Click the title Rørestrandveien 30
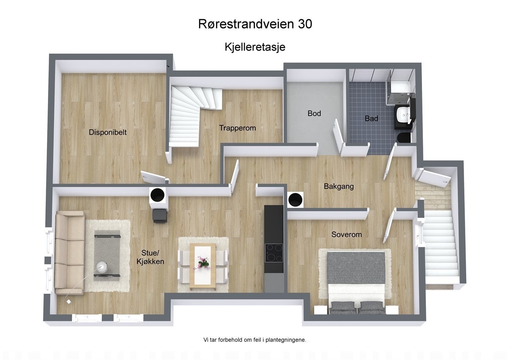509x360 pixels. pyautogui.click(x=255, y=24)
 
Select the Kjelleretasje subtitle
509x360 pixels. pyautogui.click(x=255, y=47)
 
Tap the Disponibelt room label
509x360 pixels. pyautogui.click(x=108, y=132)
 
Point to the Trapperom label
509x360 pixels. pyautogui.click(x=237, y=128)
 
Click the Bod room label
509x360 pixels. pyautogui.click(x=314, y=113)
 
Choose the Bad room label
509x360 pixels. pyautogui.click(x=371, y=118)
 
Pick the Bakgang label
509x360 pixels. pyautogui.click(x=338, y=186)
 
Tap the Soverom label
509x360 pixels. pyautogui.click(x=347, y=234)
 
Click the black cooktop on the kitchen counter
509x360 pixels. pyautogui.click(x=274, y=253)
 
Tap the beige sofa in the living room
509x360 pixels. pyautogui.click(x=69, y=253)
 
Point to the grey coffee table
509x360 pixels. pyautogui.click(x=107, y=254)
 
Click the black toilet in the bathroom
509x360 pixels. pyautogui.click(x=404, y=138)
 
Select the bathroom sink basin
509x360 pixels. pyautogui.click(x=402, y=114)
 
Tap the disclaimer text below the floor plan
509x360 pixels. pyautogui.click(x=255, y=340)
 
